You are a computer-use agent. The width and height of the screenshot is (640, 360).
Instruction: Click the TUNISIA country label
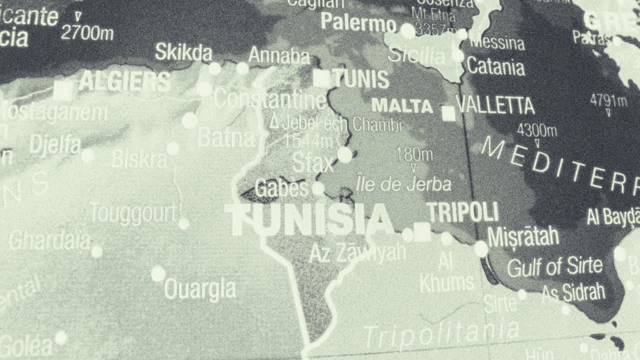tap(309, 219)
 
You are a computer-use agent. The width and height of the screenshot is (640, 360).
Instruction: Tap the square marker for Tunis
tap(321, 79)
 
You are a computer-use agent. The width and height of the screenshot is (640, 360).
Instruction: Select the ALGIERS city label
tap(124, 81)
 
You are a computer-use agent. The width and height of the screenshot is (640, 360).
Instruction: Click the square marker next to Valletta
tap(448, 113)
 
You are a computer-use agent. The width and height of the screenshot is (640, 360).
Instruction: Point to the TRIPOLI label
tap(462, 212)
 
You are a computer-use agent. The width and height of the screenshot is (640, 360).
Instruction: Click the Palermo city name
tap(358, 22)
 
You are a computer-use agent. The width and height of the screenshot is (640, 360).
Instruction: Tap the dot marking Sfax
tap(344, 155)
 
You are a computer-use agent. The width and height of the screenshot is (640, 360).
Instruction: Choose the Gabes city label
tap(281, 188)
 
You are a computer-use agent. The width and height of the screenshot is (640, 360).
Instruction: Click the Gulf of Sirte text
tap(554, 267)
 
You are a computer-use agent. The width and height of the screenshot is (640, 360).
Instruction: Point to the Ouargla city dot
tap(158, 273)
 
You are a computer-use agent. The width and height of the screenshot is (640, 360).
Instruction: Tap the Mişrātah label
tap(523, 236)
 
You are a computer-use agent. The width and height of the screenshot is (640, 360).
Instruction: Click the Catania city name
tap(495, 66)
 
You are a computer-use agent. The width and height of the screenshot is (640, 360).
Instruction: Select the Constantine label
tap(270, 99)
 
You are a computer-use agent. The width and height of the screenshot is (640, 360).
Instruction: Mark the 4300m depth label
tap(536, 130)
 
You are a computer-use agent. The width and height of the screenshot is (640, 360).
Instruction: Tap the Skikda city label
tap(183, 52)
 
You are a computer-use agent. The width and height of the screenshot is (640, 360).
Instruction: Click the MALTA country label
tap(402, 106)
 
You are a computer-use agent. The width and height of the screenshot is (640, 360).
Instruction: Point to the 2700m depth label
tap(87, 33)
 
